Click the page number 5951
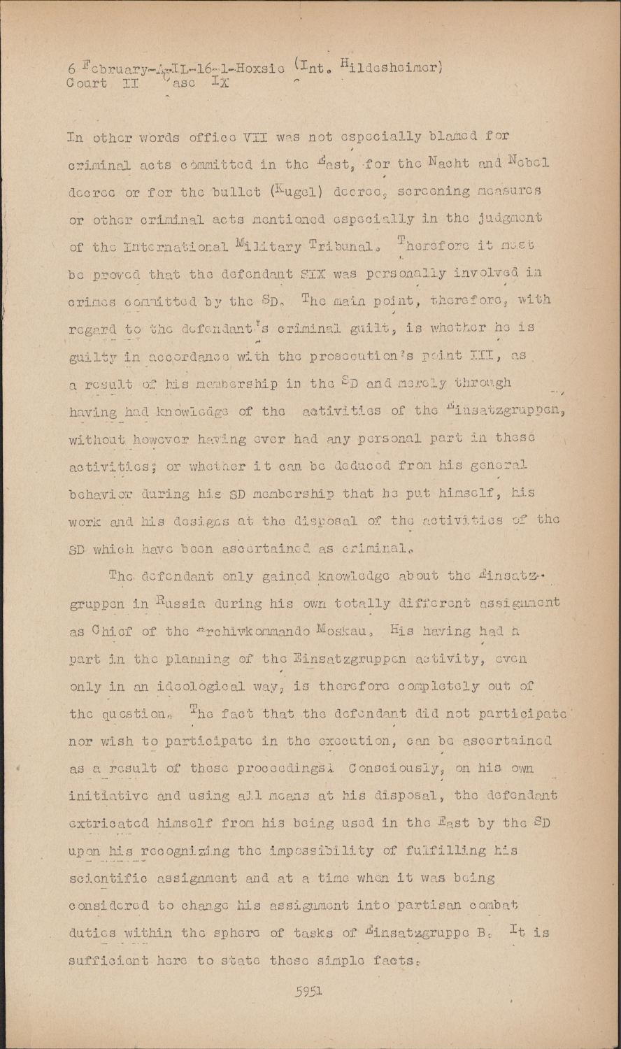click(x=308, y=990)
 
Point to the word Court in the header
click(x=87, y=83)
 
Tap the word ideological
click(x=173, y=686)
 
